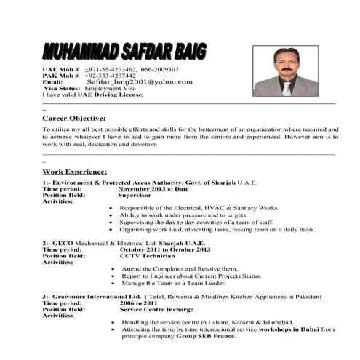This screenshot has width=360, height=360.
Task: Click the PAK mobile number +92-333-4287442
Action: pos(110,75)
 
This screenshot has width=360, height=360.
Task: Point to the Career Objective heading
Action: pos(73,117)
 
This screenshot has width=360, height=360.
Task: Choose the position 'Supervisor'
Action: pos(135,195)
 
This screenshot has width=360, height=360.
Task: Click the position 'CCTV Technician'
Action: pos(148,256)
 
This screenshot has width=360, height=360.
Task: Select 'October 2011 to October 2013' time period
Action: pos(163,249)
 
